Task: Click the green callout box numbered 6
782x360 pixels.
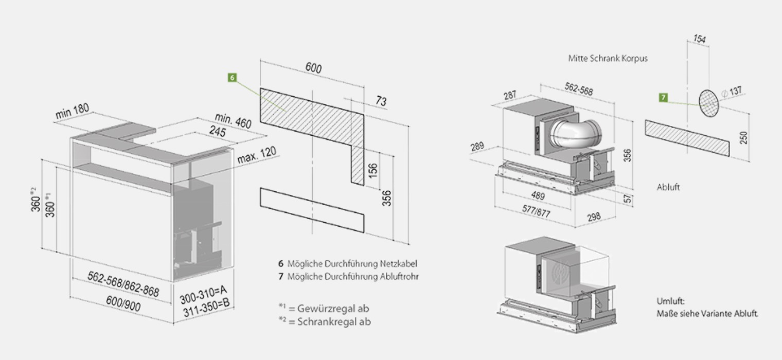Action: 233,78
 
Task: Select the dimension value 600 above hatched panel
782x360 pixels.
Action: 313,68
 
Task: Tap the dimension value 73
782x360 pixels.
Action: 381,101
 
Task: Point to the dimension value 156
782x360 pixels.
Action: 374,169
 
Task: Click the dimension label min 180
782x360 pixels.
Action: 73,111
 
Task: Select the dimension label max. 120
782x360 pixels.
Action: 257,154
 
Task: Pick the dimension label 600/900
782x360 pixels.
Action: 124,304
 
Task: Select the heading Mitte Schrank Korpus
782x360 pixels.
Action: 608,59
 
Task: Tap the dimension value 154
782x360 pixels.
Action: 699,39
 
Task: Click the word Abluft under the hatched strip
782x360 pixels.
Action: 668,187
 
